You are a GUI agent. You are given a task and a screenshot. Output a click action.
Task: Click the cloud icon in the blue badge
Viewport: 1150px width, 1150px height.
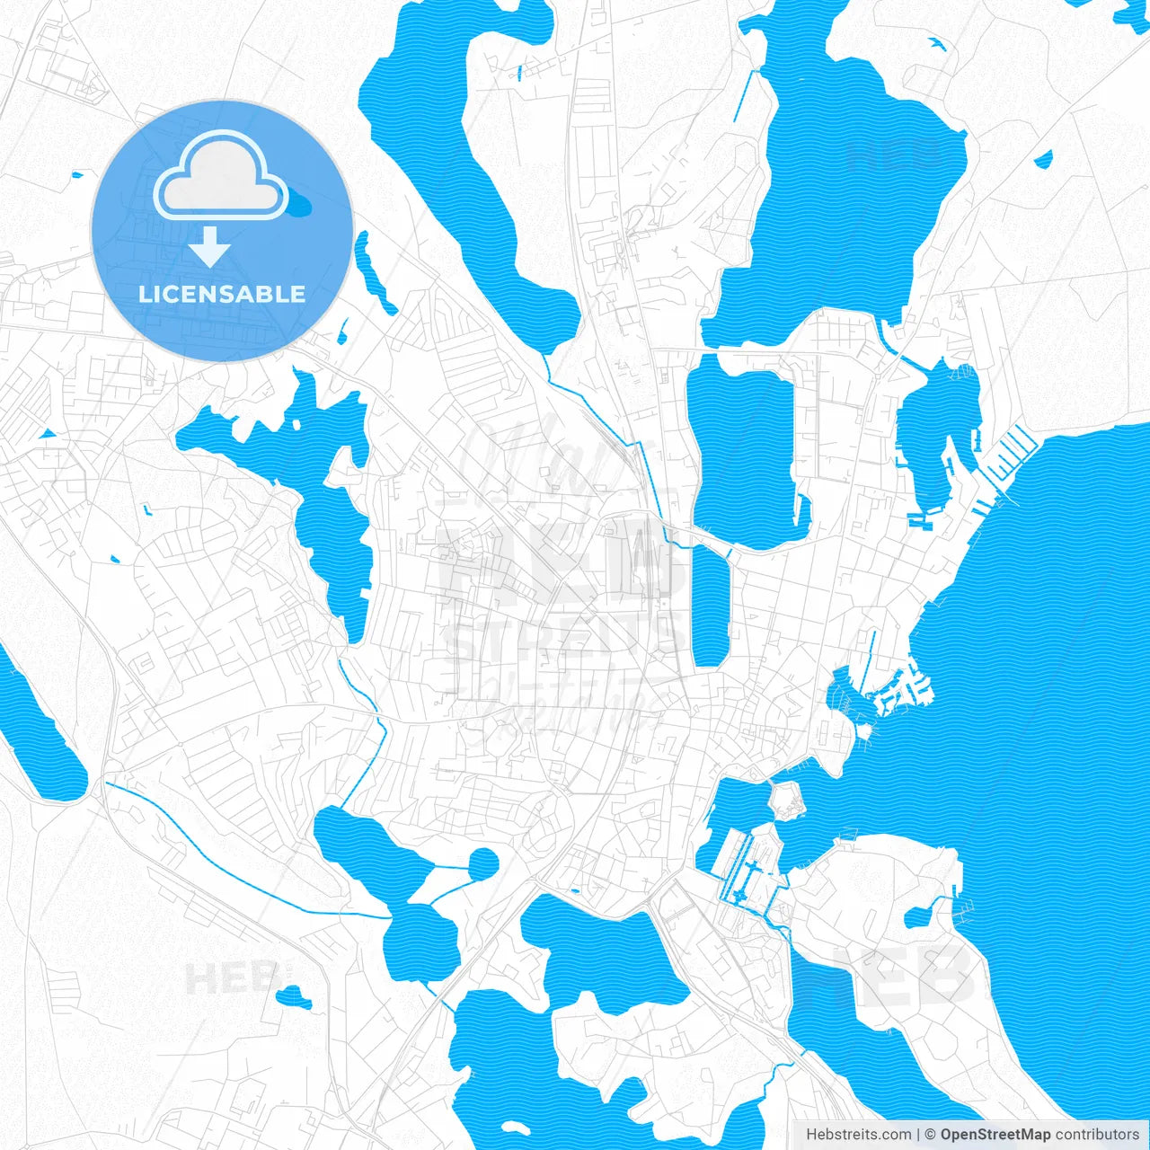(220, 175)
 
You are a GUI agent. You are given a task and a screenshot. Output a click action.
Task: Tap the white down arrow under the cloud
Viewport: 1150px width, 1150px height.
(210, 246)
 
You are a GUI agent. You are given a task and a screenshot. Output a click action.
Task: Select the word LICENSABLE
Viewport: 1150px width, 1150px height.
(222, 294)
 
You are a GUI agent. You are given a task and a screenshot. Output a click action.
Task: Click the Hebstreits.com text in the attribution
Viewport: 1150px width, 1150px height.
(858, 1135)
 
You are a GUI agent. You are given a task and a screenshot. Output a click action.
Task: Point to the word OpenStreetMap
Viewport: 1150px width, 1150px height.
(995, 1135)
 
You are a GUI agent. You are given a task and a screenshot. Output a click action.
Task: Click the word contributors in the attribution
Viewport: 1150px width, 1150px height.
(1097, 1135)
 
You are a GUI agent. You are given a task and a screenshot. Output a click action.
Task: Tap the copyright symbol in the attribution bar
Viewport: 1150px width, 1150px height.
(931, 1135)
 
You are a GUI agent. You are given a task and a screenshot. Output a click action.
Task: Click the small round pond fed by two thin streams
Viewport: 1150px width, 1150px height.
(483, 864)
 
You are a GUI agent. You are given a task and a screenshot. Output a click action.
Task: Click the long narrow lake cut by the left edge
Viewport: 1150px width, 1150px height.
(40, 728)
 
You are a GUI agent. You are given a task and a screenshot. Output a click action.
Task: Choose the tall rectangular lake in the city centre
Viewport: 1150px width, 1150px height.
(741, 449)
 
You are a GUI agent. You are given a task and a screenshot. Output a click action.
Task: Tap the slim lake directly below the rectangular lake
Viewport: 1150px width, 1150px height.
(710, 606)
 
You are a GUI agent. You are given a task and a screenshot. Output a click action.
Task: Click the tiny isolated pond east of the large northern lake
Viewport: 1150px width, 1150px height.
(1043, 160)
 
